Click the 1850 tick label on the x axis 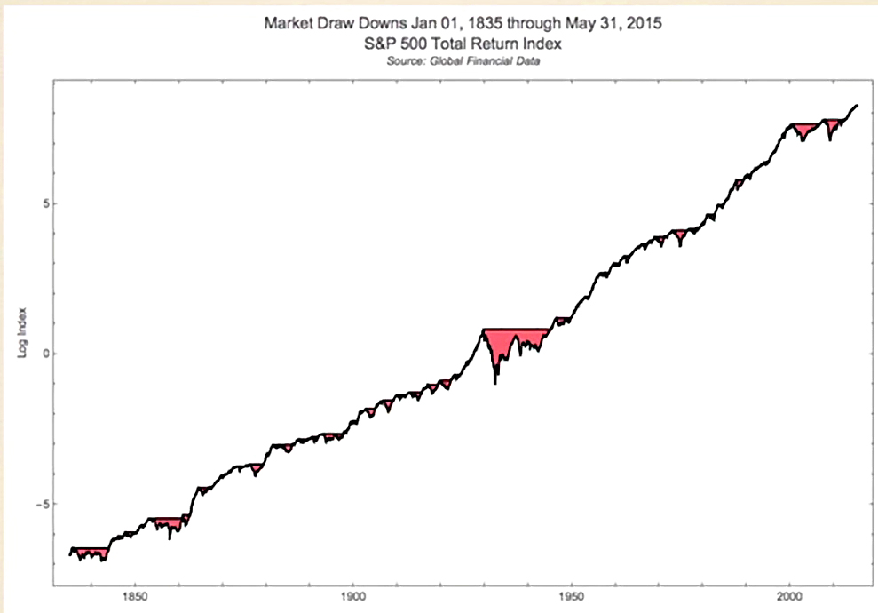pos(134,597)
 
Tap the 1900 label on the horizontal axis pos(352,597)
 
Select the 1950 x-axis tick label pos(571,597)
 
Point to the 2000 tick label pos(789,597)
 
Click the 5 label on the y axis pos(46,203)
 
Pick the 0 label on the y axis pos(46,354)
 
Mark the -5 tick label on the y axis pos(42,504)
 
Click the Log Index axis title pos(22,332)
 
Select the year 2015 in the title pos(644,23)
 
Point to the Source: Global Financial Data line pos(463,61)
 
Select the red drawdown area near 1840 pos(91,553)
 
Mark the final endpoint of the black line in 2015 pos(857,106)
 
